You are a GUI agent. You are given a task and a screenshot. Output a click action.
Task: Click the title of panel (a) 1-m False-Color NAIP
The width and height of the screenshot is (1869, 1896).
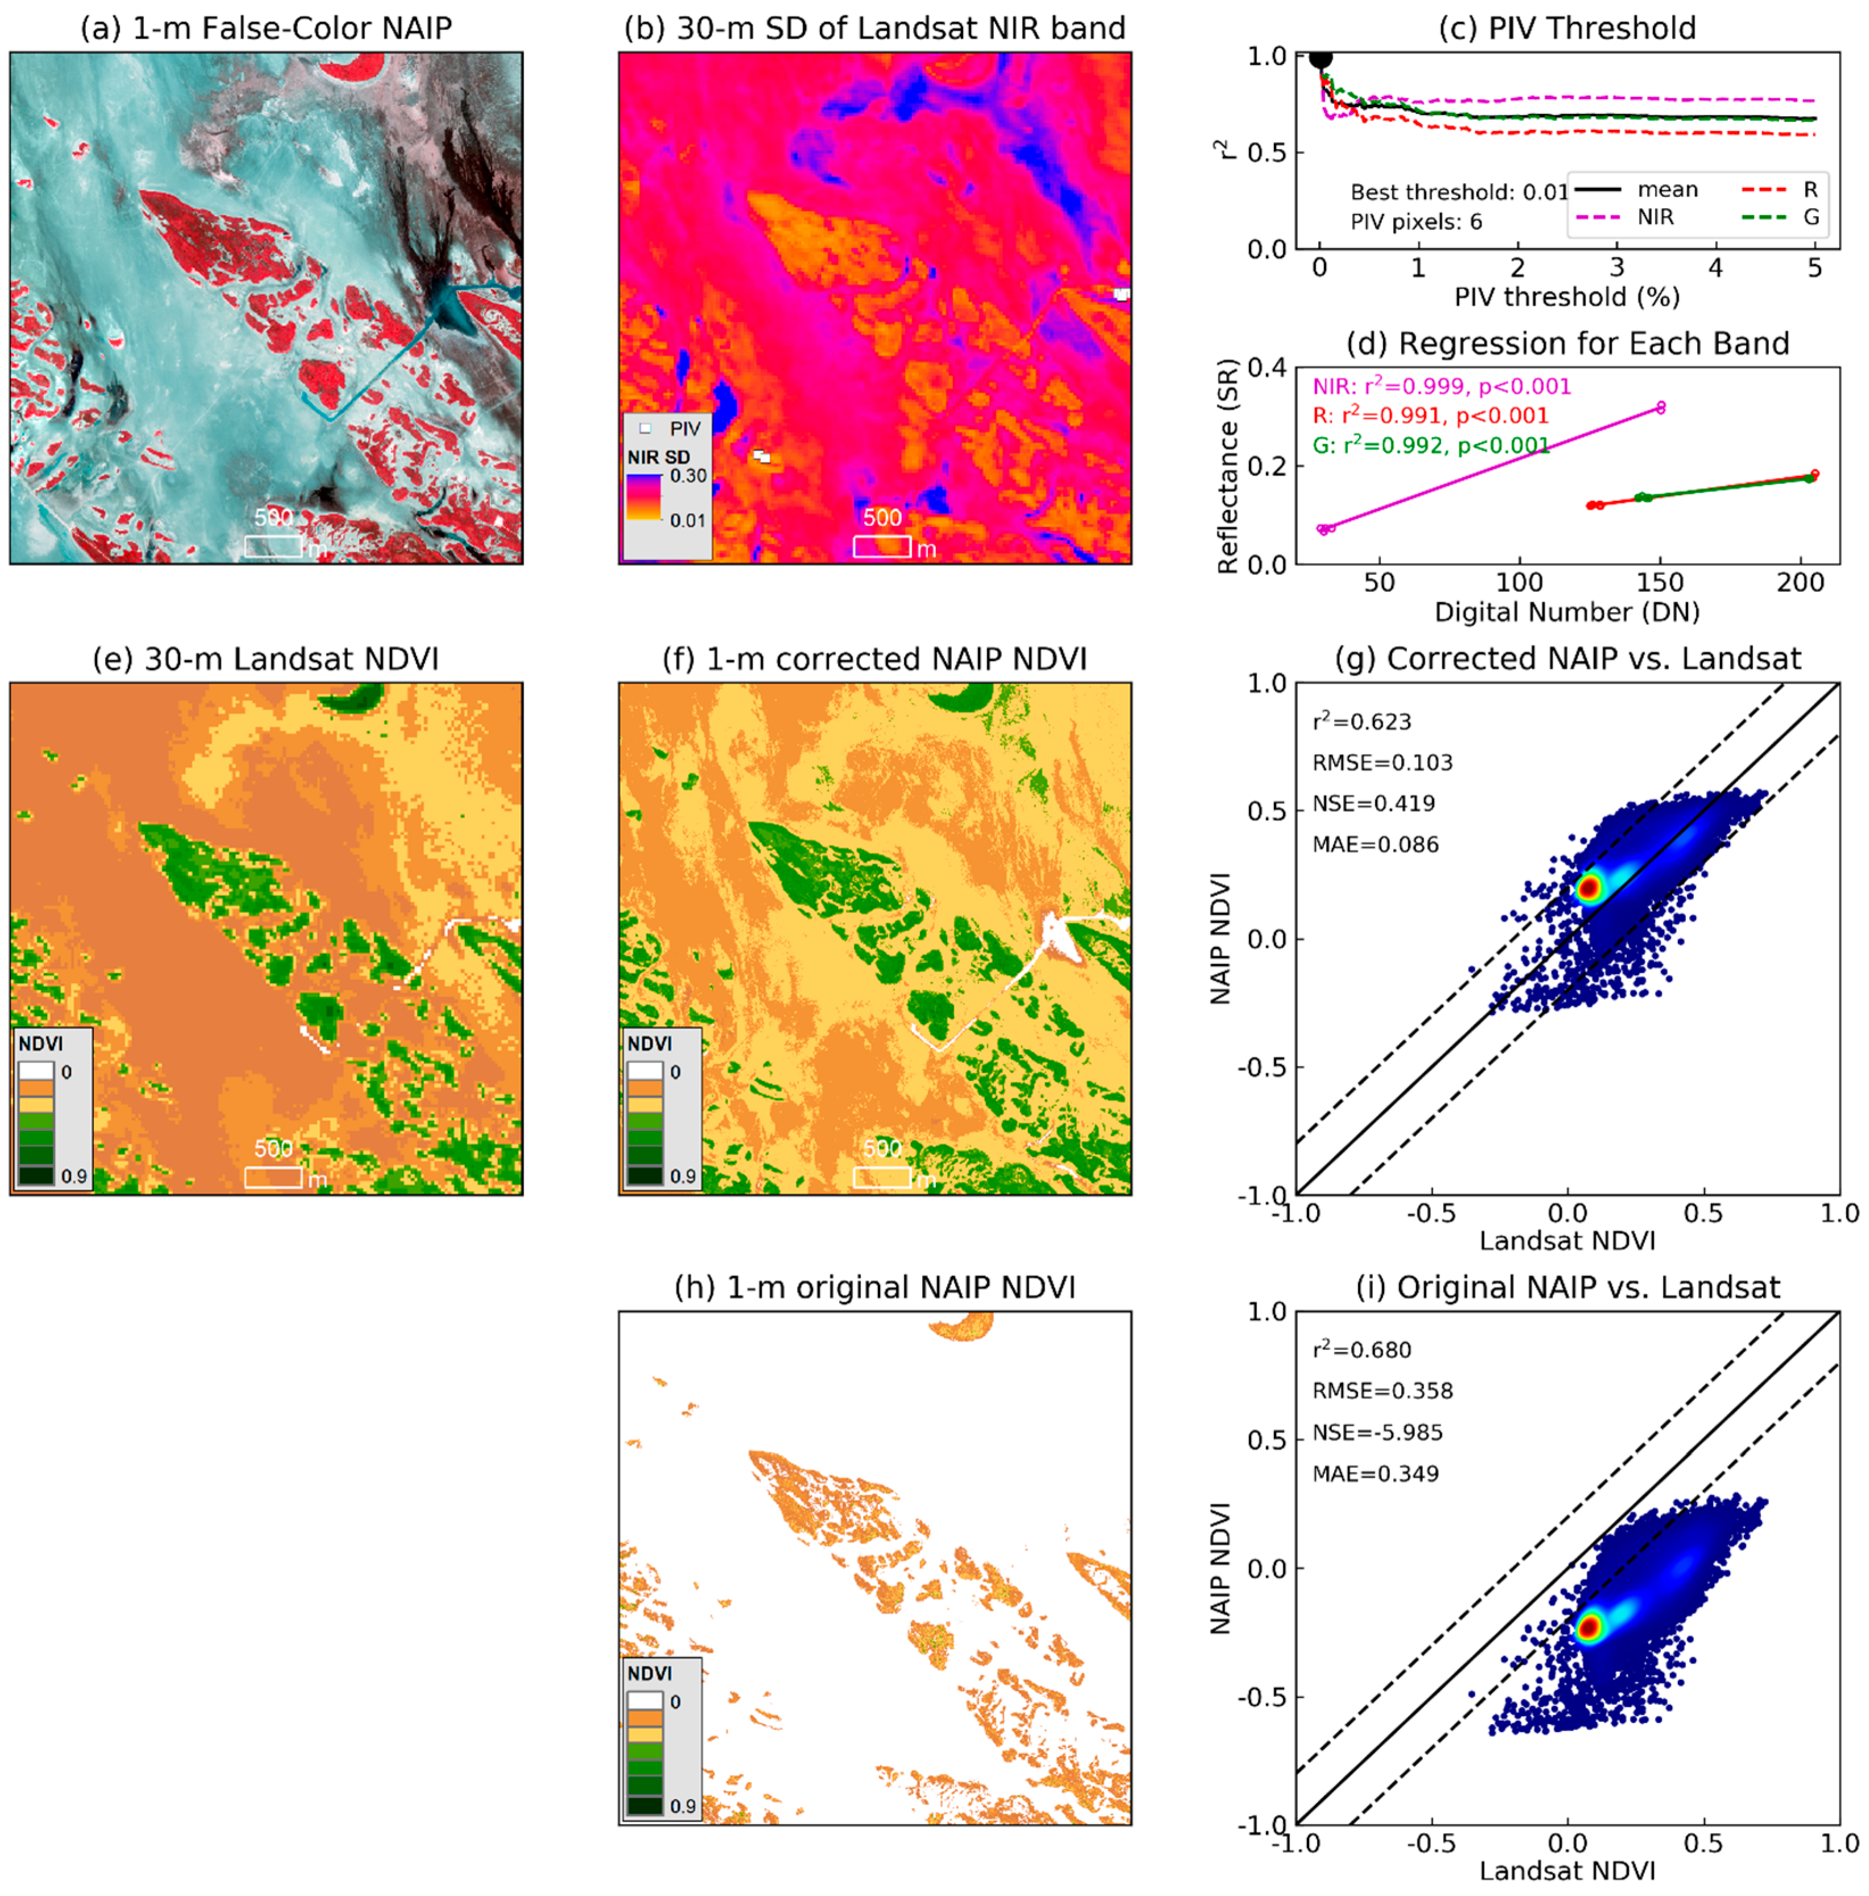[266, 27]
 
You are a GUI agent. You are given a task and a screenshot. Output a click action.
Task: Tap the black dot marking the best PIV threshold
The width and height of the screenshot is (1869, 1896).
[1321, 58]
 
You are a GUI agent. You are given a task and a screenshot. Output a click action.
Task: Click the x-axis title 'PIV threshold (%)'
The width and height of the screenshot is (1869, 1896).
[1567, 297]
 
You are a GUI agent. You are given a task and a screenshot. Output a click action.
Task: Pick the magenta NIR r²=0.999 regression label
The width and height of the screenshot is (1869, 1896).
[1441, 386]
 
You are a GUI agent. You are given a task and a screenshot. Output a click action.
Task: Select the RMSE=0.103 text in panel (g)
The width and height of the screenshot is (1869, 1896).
[1383, 763]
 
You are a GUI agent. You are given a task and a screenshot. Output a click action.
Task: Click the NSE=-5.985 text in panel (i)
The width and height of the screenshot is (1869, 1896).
[1377, 1432]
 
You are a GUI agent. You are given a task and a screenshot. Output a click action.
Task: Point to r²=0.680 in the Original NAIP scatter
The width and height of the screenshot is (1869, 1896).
[1361, 1350]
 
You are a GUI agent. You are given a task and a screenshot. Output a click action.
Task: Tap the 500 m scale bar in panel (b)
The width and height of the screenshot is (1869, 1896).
[882, 546]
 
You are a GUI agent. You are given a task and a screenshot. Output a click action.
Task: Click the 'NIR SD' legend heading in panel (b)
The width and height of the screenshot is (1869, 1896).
[658, 457]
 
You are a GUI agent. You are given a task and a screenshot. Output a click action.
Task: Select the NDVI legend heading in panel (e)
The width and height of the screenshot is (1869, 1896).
[41, 1043]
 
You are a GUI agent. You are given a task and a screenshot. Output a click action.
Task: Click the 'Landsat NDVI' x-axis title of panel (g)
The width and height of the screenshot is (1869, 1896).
[1567, 1240]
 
